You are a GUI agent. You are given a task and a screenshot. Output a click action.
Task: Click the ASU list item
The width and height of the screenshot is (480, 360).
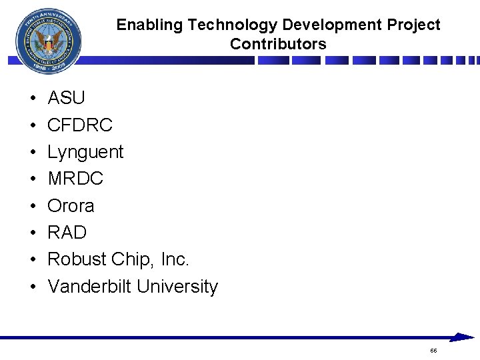[x=67, y=99]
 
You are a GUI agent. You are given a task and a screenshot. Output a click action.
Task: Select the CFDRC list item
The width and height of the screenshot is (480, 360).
[x=80, y=125]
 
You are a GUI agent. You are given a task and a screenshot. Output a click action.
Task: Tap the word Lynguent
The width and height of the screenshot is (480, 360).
[x=85, y=153]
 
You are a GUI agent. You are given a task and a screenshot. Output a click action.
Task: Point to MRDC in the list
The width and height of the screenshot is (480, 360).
[x=75, y=179]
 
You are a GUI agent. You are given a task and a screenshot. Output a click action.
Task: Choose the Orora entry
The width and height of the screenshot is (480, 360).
[x=71, y=206]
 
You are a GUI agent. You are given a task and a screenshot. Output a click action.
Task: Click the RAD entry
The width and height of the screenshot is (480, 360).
[x=67, y=233]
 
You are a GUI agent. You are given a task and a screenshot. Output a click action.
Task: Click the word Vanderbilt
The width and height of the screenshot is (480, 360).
[x=90, y=287]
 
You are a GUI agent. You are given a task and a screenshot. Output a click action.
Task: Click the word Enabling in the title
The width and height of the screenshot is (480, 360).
[x=149, y=25]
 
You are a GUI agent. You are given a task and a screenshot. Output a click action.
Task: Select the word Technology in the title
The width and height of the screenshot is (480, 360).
[x=233, y=25]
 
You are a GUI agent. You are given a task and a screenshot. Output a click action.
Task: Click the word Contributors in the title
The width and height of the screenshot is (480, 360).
[x=278, y=45]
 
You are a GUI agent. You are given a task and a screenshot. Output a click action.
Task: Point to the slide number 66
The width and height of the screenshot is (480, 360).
[x=433, y=351]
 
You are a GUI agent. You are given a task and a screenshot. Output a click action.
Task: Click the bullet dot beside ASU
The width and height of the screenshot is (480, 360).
[x=33, y=99]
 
